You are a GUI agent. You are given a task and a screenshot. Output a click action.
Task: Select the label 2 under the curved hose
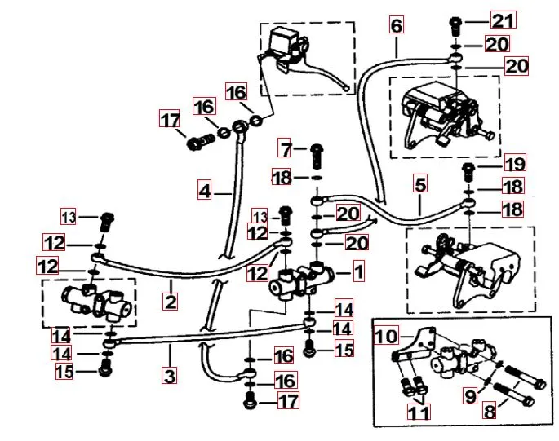pyautogui.click(x=170, y=302)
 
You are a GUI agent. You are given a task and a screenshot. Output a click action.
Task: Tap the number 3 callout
pyautogui.click(x=169, y=376)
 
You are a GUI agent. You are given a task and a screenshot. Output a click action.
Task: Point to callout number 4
pyautogui.click(x=205, y=192)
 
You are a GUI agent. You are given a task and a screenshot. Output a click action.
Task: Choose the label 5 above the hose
pyautogui.click(x=419, y=185)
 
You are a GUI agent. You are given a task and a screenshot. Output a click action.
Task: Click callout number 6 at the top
pyautogui.click(x=396, y=25)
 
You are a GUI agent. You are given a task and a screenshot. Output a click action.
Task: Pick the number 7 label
pyautogui.click(x=285, y=150)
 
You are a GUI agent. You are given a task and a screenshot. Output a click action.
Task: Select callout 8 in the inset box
pyautogui.click(x=490, y=411)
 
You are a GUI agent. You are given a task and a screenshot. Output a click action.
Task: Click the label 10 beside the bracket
pyautogui.click(x=386, y=335)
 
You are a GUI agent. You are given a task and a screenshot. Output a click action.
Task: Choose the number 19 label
pyautogui.click(x=515, y=164)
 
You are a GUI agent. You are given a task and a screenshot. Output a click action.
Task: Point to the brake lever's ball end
pyautogui.click(x=349, y=86)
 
